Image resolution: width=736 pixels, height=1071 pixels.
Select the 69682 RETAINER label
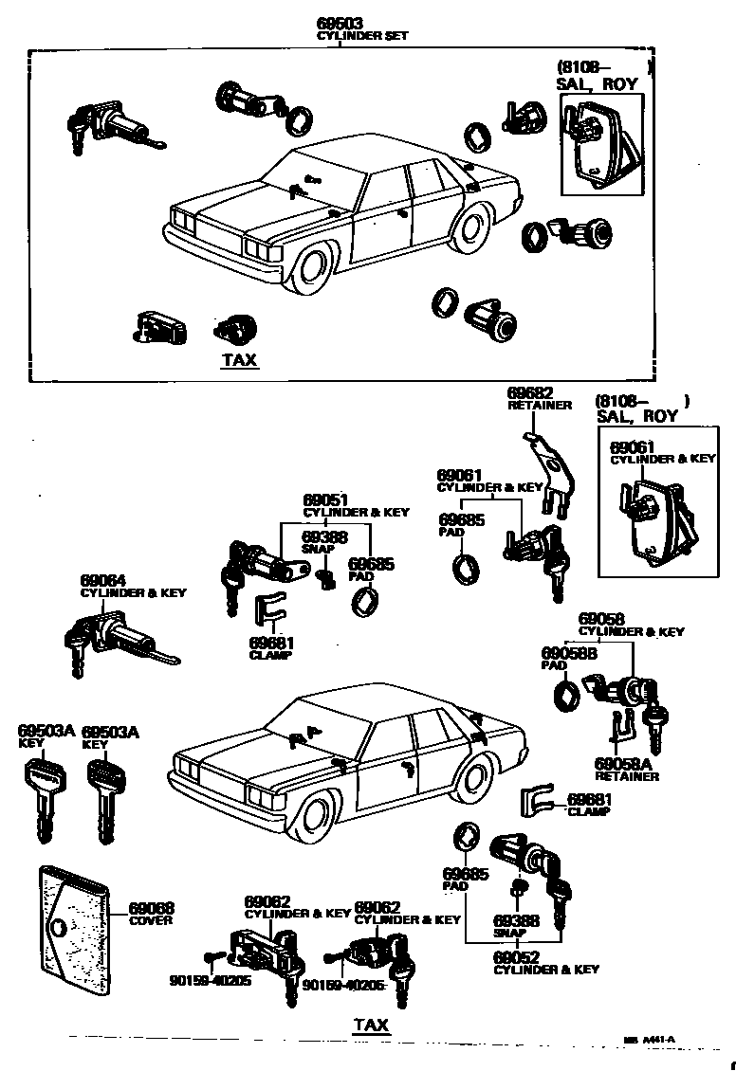pyautogui.click(x=539, y=399)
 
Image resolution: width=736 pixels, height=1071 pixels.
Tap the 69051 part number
pyautogui.click(x=325, y=499)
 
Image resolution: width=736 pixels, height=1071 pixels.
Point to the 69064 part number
pyautogui.click(x=103, y=580)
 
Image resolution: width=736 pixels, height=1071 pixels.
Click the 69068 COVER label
pyautogui.click(x=151, y=914)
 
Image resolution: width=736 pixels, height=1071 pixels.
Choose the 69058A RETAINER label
pyautogui.click(x=626, y=769)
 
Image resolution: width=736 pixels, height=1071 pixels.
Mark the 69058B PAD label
pyautogui.click(x=568, y=653)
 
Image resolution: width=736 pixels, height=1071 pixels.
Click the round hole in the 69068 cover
pyautogui.click(x=62, y=926)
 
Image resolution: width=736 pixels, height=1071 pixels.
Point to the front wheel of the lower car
pyautogui.click(x=316, y=815)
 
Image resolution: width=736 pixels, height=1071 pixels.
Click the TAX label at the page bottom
pyautogui.click(x=371, y=1025)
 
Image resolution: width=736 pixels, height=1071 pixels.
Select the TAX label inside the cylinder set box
pyautogui.click(x=239, y=360)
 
